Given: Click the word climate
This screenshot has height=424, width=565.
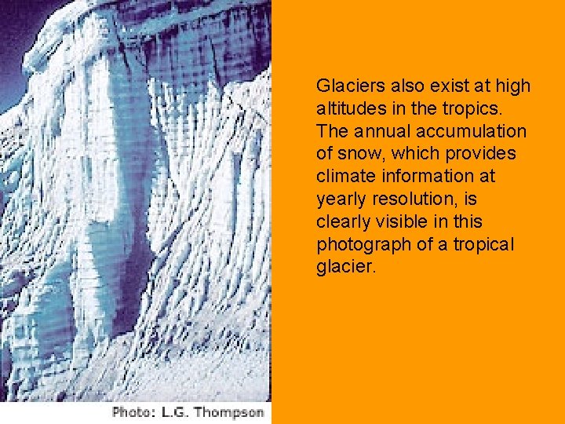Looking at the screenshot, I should pyautogui.click(x=342, y=176).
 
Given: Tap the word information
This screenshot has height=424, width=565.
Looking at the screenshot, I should pyautogui.click(x=424, y=176).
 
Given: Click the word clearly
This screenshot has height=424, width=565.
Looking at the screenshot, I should pyautogui.click(x=341, y=221).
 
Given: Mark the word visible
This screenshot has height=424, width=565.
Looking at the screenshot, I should pyautogui.click(x=403, y=221).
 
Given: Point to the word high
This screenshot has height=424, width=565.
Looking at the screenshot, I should pyautogui.click(x=515, y=86).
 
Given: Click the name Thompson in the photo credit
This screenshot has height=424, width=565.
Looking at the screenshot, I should pyautogui.click(x=231, y=411).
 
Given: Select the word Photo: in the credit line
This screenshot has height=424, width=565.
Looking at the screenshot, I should pyautogui.click(x=134, y=411).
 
